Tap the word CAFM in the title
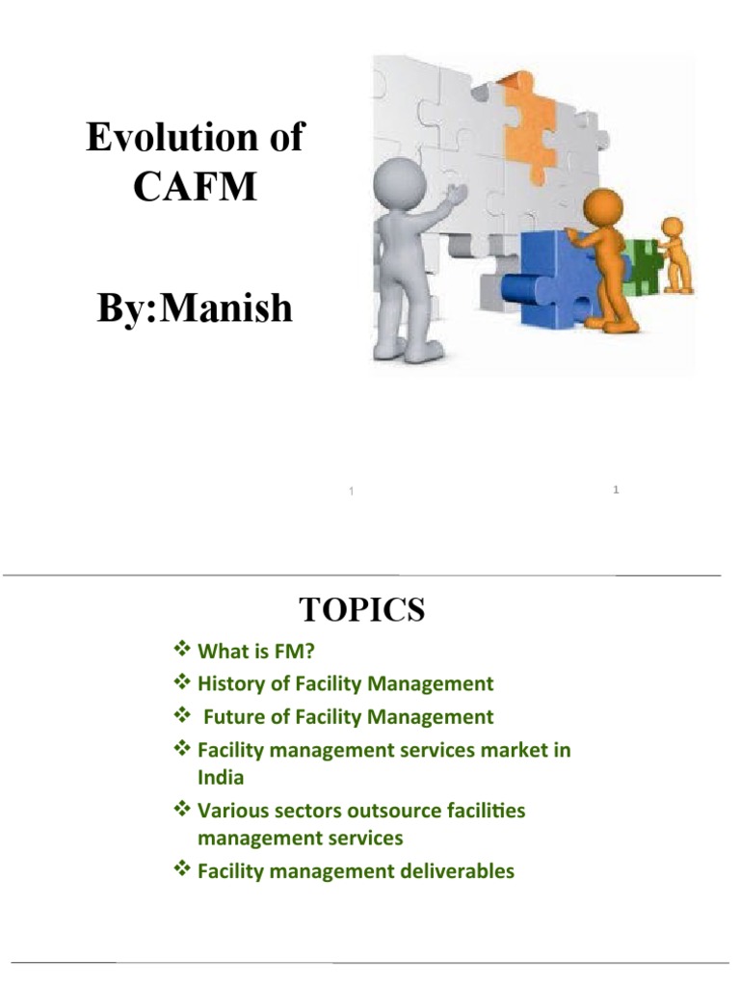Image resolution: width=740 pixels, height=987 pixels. click(195, 185)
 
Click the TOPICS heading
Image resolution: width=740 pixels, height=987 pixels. click(361, 609)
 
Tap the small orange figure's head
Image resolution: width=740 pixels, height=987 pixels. click(673, 227)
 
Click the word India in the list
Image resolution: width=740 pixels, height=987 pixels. click(221, 778)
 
